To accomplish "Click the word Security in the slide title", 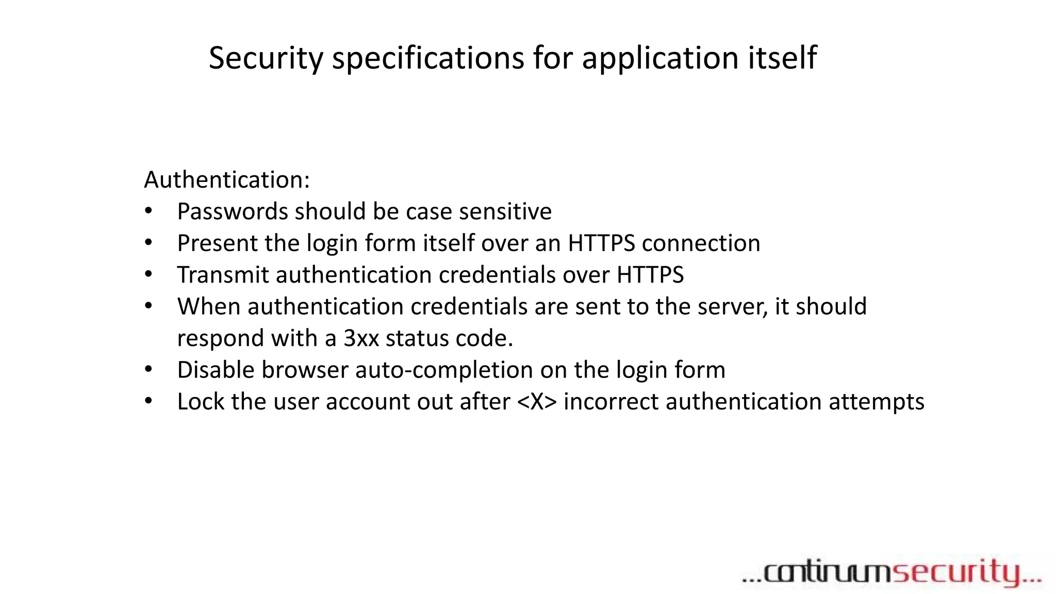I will [266, 58].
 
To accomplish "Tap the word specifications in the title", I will [427, 58].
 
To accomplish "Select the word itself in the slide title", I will [782, 58].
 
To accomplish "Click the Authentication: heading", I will [227, 180].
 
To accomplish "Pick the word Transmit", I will [223, 275].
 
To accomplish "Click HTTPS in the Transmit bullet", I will [650, 275].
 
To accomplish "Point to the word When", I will [209, 307].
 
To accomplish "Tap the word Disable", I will [216, 370].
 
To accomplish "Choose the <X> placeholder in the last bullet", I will [537, 402].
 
